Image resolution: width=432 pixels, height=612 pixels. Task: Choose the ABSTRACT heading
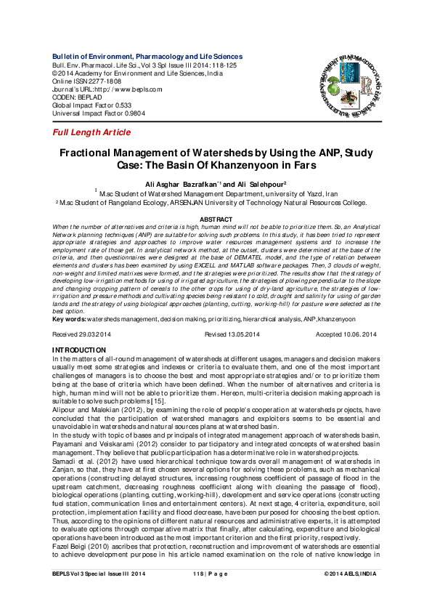[216, 219]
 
